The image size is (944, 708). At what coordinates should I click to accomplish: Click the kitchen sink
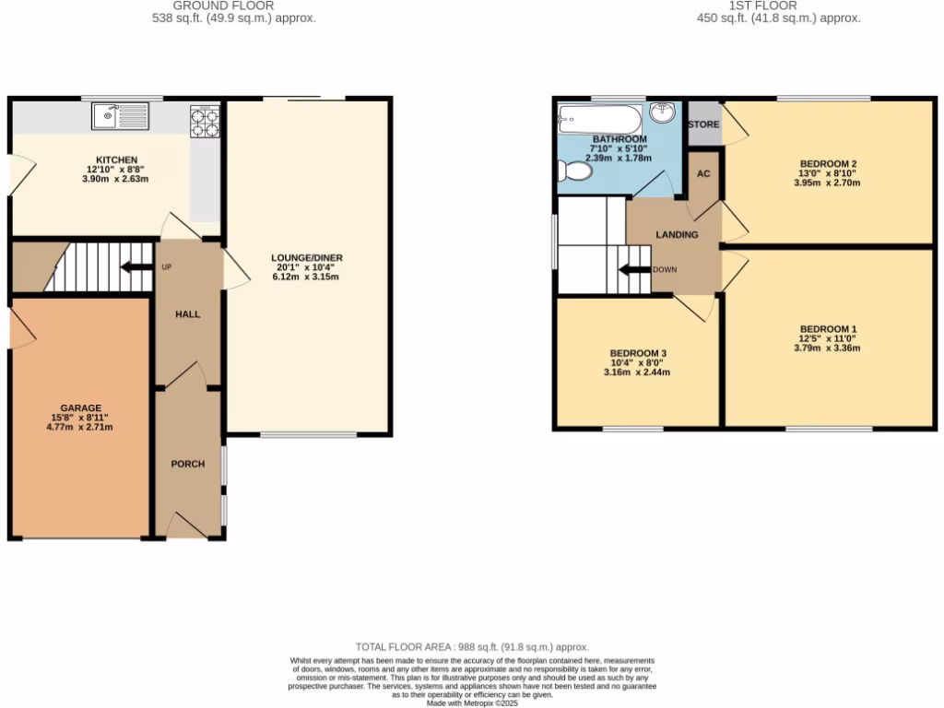tap(121, 117)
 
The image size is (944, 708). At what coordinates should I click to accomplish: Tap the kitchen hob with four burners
tap(205, 123)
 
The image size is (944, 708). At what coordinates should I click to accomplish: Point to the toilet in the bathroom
tap(576, 171)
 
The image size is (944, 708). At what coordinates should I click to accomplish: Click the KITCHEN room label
tap(116, 159)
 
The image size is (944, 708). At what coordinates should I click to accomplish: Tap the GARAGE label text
tap(81, 407)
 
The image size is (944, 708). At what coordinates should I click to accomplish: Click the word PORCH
tap(187, 464)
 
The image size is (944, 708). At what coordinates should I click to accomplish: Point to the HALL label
tap(188, 314)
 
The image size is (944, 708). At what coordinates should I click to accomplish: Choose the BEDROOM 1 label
tap(828, 329)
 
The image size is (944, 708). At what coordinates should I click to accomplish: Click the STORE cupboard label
tap(703, 124)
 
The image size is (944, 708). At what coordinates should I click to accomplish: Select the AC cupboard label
tap(703, 174)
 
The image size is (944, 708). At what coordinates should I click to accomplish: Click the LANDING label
tap(677, 235)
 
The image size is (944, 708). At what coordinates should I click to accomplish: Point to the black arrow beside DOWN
tap(633, 270)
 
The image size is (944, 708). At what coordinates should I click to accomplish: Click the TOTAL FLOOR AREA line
tap(472, 647)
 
